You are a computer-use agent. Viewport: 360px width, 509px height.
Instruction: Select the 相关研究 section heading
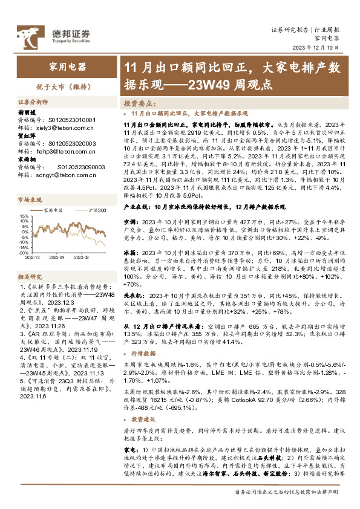pyautogui.click(x=30, y=276)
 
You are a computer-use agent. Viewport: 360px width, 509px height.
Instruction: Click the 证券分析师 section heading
pyautogui.click(x=33, y=103)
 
